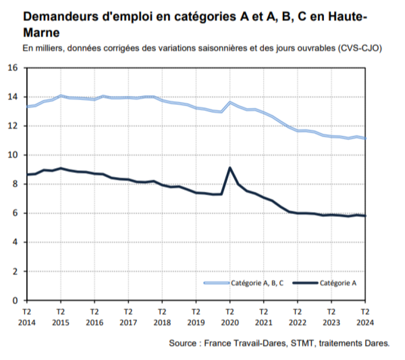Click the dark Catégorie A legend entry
337,283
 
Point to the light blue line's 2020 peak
230,102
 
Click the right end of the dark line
365,216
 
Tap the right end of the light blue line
365,139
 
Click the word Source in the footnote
183,343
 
